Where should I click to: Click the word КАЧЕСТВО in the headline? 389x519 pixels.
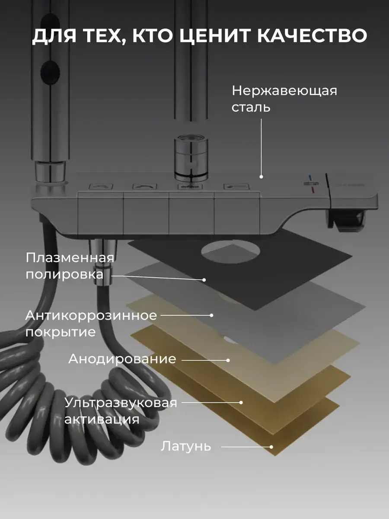pyautogui.click(x=312, y=36)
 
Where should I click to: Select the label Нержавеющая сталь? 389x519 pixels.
pyautogui.click(x=284, y=99)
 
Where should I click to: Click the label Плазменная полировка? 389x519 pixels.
pyautogui.click(x=70, y=266)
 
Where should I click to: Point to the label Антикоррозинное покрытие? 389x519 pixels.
pyautogui.click(x=91, y=323)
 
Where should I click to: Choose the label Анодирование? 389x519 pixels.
pyautogui.click(x=122, y=359)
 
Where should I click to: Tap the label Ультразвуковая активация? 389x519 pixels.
pyautogui.click(x=121, y=411)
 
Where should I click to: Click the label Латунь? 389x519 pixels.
pyautogui.click(x=186, y=446)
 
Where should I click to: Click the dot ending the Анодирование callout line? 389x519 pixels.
pyautogui.click(x=228, y=360)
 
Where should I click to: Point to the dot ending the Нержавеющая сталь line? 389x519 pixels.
pyautogui.click(x=261, y=176)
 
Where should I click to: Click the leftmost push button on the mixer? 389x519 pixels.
pyautogui.click(x=101, y=187)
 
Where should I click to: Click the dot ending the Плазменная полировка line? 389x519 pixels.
pyautogui.click(x=204, y=280)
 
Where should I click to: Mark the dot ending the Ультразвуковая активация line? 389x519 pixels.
pyautogui.click(x=241, y=403)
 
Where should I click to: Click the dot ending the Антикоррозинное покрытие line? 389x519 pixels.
pyautogui.click(x=212, y=315)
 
